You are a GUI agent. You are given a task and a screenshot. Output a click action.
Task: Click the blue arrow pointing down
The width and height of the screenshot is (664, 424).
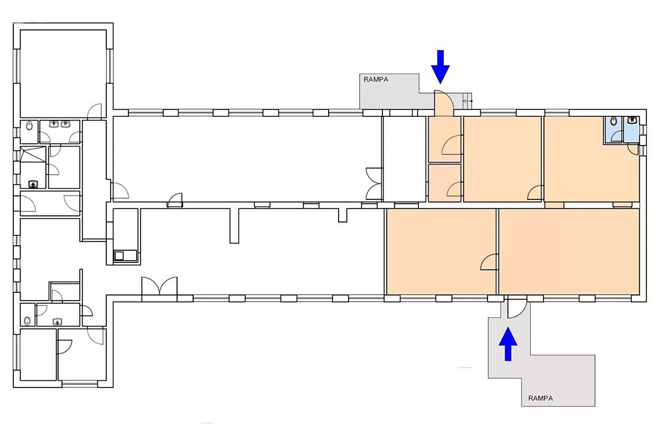click(x=440, y=67)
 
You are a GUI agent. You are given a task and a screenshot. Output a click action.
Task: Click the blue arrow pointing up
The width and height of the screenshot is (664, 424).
click(x=508, y=344)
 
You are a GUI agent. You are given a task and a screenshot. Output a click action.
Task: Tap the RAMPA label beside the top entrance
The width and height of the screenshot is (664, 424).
click(x=376, y=80)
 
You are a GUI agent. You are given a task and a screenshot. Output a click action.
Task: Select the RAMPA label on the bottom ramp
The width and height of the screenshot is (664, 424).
click(x=541, y=398)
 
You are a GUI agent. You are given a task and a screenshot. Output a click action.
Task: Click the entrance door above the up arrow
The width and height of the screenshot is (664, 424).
click(x=517, y=308)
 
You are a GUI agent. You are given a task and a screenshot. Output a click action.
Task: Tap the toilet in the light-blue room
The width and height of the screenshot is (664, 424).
click(x=614, y=121)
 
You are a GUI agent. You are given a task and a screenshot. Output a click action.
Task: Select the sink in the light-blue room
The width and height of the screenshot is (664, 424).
click(x=632, y=120)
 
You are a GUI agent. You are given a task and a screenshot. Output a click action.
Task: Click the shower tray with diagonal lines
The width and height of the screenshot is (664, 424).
click(x=33, y=154)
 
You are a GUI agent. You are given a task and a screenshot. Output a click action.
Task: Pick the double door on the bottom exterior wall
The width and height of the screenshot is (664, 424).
click(x=159, y=286)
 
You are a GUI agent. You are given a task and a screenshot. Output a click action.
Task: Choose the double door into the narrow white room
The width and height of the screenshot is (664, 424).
click(x=374, y=184)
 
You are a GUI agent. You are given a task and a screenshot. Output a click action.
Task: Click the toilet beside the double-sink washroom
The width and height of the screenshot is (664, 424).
click(x=29, y=126)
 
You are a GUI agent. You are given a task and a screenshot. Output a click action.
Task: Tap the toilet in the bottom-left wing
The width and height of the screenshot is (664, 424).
click(x=27, y=321)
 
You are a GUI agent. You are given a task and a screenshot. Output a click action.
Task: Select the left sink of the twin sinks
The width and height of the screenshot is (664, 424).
click(x=54, y=124)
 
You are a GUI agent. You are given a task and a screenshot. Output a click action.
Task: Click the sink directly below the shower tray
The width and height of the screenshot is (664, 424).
click(x=33, y=184)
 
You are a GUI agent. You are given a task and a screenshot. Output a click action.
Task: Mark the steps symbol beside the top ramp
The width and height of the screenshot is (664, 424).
click(x=467, y=101)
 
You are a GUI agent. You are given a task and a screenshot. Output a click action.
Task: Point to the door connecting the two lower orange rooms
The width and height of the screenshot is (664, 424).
click(x=489, y=262)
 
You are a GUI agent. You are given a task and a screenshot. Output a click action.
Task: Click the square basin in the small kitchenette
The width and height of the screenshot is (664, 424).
click(x=119, y=256)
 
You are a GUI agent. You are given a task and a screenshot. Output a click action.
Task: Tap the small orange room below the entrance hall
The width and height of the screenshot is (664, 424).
click(x=445, y=183)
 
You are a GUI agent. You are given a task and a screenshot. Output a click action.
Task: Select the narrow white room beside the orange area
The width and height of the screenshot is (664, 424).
click(x=404, y=159)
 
